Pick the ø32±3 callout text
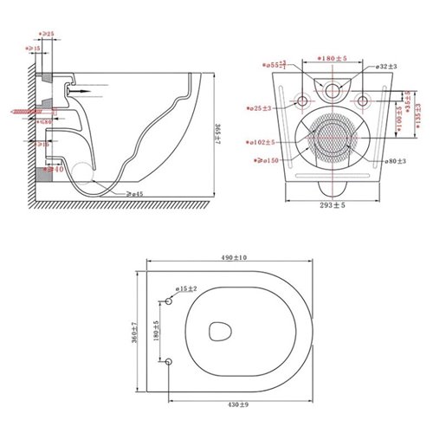click(x=388, y=66)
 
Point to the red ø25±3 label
click(x=261, y=108)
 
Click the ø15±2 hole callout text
click(x=186, y=288)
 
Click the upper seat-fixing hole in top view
click(x=170, y=300)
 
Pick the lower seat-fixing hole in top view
click(x=170, y=360)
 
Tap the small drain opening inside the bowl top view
click(x=221, y=331)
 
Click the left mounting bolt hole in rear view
click(x=301, y=102)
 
